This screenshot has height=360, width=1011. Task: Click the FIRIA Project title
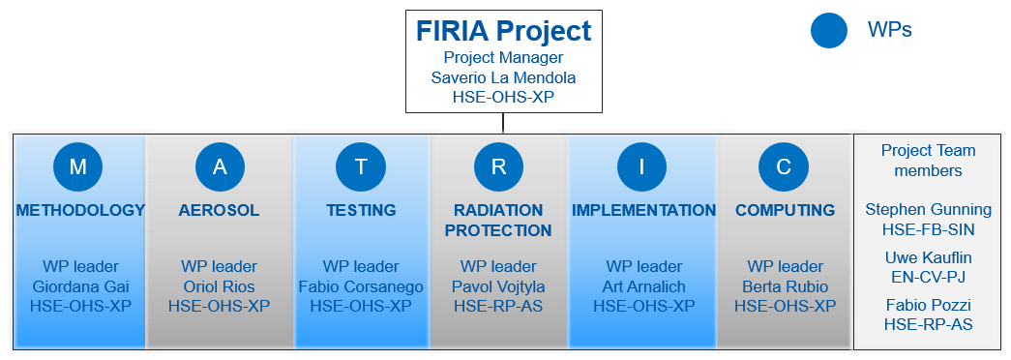pyautogui.click(x=503, y=31)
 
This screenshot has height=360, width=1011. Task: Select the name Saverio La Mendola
pyautogui.click(x=503, y=77)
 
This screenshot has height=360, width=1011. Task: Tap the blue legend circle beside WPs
pyautogui.click(x=829, y=30)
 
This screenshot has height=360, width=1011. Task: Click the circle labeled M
pyautogui.click(x=78, y=166)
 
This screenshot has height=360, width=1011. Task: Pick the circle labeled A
pyautogui.click(x=220, y=166)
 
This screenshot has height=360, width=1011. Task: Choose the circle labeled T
pyautogui.click(x=361, y=166)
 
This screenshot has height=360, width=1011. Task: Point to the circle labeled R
pyautogui.click(x=499, y=166)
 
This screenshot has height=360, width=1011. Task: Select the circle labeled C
pyautogui.click(x=784, y=166)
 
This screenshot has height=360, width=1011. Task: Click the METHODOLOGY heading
pyautogui.click(x=80, y=210)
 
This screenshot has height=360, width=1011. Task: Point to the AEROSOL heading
pyautogui.click(x=219, y=210)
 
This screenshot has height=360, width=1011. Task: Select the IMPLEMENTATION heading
pyautogui.click(x=643, y=210)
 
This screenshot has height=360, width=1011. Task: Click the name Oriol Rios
pyautogui.click(x=219, y=286)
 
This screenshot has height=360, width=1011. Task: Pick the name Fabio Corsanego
pyautogui.click(x=361, y=286)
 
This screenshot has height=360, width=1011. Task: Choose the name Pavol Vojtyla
pyautogui.click(x=499, y=286)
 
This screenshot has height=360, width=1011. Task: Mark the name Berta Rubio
pyautogui.click(x=785, y=286)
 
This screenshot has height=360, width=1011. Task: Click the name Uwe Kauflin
pyautogui.click(x=928, y=257)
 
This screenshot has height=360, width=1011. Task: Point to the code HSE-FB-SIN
pyautogui.click(x=928, y=229)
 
